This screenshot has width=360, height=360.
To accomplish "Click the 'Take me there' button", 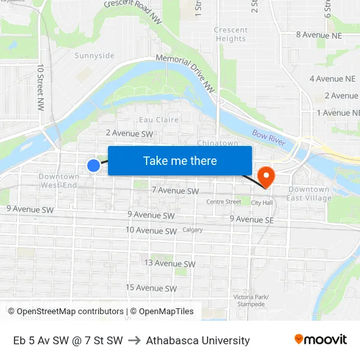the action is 180,160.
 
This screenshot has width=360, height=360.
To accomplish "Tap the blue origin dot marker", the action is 94,166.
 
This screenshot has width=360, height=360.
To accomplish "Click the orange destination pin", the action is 266,176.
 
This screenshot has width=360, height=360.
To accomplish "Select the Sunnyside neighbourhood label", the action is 94,56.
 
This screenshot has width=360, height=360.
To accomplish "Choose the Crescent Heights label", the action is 230,34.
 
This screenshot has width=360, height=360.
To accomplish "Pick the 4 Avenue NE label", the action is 333,79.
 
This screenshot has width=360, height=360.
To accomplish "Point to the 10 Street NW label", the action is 41,86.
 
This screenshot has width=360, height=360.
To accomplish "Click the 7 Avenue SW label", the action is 175,191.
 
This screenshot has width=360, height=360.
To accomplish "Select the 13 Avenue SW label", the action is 170,263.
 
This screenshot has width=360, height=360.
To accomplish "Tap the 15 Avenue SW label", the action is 152,287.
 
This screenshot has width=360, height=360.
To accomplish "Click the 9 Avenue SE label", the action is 251,219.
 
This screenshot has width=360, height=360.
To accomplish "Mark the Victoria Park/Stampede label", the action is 251,300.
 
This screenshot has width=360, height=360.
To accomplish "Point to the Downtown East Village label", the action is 308,194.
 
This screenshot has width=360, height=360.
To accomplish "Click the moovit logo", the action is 321,340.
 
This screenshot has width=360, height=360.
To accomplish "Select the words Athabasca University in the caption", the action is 198,340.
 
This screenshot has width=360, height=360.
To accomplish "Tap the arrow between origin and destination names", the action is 134,340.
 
